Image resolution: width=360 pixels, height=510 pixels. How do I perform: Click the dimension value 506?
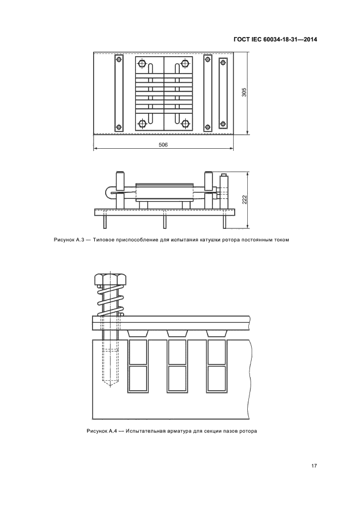(163, 145)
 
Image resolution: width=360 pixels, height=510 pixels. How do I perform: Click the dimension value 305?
(245, 93)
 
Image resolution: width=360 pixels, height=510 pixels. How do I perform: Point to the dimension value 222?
(245, 199)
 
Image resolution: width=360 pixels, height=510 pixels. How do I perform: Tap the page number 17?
(314, 466)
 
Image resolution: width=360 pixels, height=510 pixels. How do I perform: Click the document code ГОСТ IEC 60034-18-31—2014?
(275, 40)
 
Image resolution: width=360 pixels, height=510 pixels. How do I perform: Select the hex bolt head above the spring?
(110, 279)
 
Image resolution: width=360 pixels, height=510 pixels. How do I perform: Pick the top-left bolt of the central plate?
(142, 63)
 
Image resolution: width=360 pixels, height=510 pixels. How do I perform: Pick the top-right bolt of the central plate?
(185, 63)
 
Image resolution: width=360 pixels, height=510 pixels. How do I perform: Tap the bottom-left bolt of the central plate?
(142, 124)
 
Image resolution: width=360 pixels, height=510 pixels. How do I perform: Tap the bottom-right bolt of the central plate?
(185, 124)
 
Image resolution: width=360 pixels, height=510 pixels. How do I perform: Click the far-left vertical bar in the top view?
(119, 93)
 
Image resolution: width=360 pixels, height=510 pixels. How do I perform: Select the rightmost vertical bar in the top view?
(223, 93)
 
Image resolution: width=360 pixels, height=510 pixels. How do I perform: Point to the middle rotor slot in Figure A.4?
(177, 366)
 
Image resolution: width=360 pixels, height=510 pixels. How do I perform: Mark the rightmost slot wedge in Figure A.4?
(216, 333)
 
